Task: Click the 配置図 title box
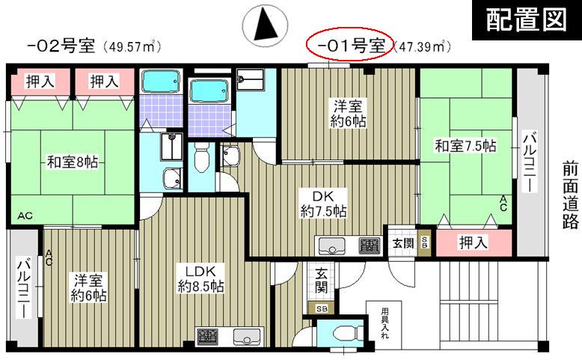pyautogui.click(x=527, y=19)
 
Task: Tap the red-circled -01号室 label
pyautogui.click(x=349, y=45)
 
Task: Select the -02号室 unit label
pyautogui.click(x=61, y=46)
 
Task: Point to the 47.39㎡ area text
pyautogui.click(x=422, y=46)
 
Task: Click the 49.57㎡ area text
pyautogui.click(x=132, y=46)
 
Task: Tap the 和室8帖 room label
pyautogui.click(x=73, y=162)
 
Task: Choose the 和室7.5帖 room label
pyautogui.click(x=465, y=146)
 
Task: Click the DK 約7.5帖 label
pyautogui.click(x=323, y=204)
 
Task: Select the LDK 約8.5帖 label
pyautogui.click(x=200, y=278)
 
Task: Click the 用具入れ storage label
pyautogui.click(x=385, y=323)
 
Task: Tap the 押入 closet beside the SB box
pyautogui.click(x=473, y=242)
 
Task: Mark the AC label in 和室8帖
pyautogui.click(x=25, y=216)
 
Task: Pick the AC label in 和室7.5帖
pyautogui.click(x=503, y=204)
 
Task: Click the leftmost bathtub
pyautogui.click(x=161, y=82)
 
